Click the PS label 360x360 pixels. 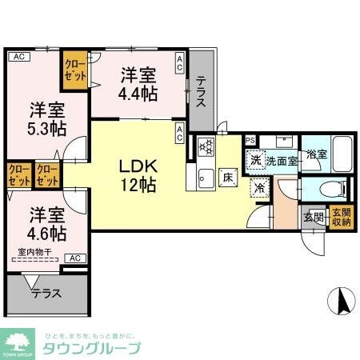click(250, 141)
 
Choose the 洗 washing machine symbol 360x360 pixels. click(255, 160)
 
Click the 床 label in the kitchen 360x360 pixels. click(228, 178)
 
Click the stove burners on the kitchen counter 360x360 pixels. click(206, 146)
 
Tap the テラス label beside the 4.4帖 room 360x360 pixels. click(202, 91)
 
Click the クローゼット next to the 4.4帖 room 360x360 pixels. click(77, 67)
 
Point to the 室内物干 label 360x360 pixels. click(32, 253)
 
